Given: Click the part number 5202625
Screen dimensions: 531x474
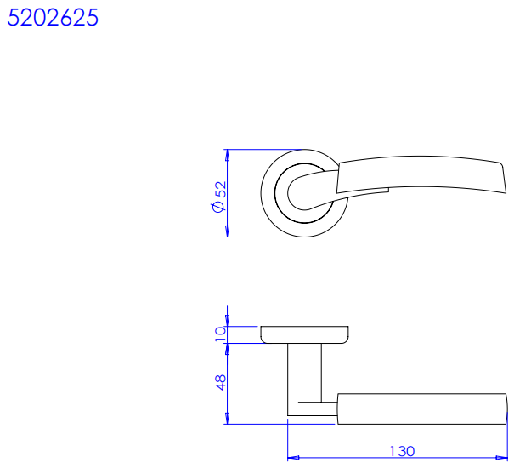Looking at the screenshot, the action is point(53,18).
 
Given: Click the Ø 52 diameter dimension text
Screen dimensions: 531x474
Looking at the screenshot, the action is point(219,197).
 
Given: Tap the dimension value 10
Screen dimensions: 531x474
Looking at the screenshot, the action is point(220,334).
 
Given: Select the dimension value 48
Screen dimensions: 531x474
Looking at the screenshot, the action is point(220,382).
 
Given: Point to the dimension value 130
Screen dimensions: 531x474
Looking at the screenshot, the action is point(402,451).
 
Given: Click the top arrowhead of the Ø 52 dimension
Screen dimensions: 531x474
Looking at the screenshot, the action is point(227,155).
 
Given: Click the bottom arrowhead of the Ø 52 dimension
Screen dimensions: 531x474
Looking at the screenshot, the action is point(227,231).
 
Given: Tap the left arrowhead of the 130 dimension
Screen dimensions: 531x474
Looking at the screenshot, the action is point(293,458).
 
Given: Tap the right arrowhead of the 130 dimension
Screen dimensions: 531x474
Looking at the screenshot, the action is point(501,458).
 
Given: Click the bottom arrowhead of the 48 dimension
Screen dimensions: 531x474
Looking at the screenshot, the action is point(227,419).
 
